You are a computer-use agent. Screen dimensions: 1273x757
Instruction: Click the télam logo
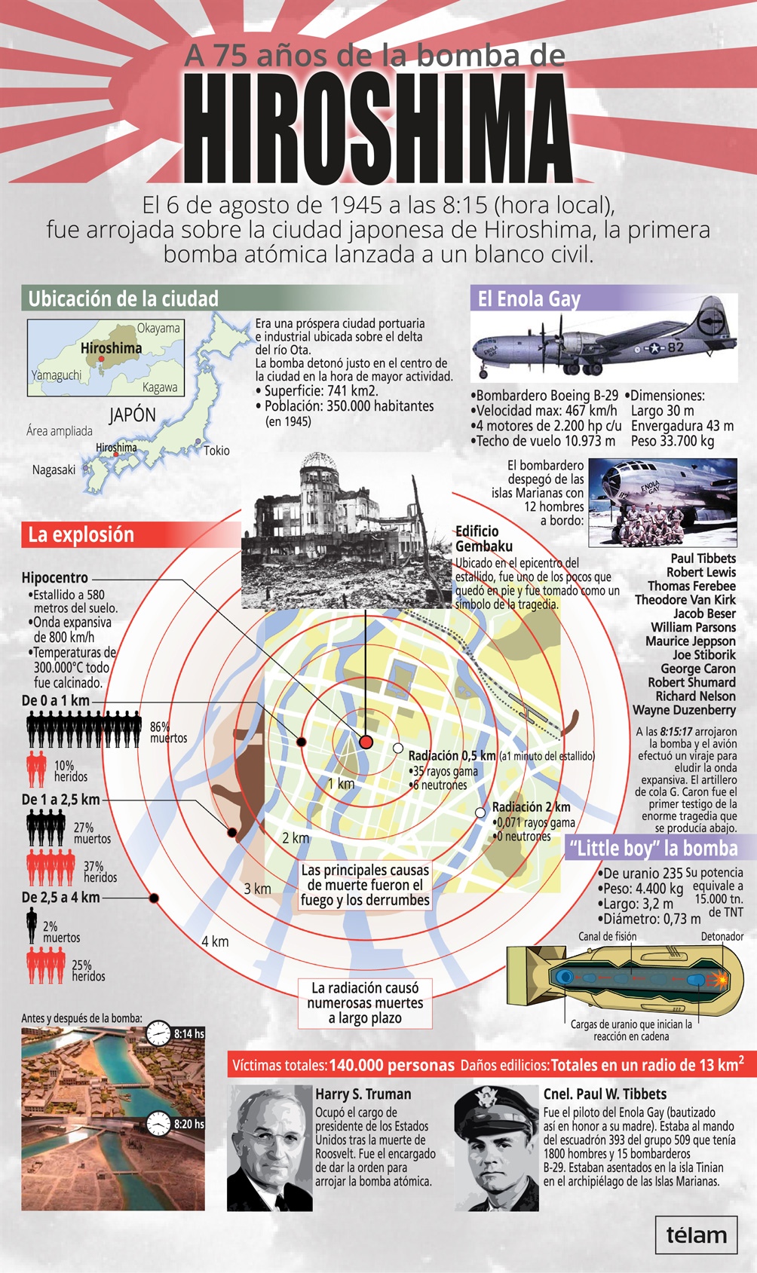click(x=696, y=1235)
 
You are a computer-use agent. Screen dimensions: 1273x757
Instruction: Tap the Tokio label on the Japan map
click(x=216, y=451)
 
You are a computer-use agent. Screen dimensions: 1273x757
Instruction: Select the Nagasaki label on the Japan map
click(x=54, y=470)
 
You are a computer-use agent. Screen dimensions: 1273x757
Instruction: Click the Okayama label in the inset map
click(x=158, y=328)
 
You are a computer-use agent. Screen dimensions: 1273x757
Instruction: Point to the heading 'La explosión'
click(x=81, y=535)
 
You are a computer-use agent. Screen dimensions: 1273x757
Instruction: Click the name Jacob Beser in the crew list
click(x=704, y=614)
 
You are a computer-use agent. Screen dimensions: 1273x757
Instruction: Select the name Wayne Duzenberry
click(x=684, y=710)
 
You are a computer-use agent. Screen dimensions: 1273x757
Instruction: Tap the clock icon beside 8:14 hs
click(x=158, y=1033)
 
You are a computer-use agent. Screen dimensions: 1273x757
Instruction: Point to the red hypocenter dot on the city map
click(x=366, y=742)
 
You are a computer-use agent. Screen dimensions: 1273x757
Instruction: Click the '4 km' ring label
click(x=215, y=941)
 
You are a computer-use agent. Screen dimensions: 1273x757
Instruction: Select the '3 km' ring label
click(x=257, y=889)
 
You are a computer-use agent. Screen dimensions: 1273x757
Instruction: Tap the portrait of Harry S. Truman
click(x=270, y=1148)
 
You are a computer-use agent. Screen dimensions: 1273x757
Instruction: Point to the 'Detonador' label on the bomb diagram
click(x=722, y=937)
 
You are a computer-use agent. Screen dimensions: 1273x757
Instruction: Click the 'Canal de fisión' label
click(x=608, y=937)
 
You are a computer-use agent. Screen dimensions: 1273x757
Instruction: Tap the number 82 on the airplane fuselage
click(x=676, y=347)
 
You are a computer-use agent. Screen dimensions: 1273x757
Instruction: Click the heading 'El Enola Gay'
click(x=529, y=299)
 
